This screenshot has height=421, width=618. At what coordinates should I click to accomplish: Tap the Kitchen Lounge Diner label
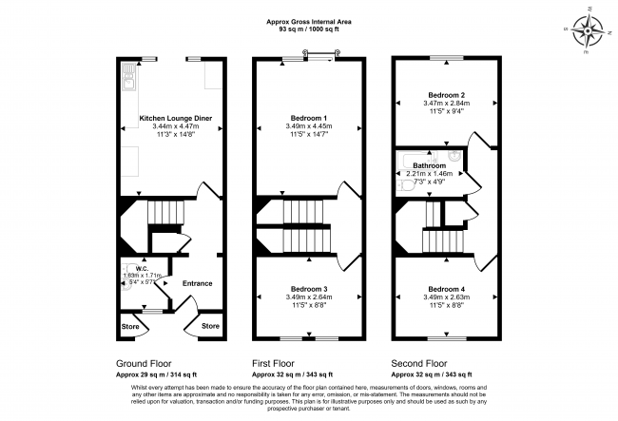pyautogui.click(x=176, y=119)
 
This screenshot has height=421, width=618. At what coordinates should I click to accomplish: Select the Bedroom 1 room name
pyautogui.click(x=309, y=119)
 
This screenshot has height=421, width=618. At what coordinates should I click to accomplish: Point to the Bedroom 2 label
pyautogui.click(x=445, y=96)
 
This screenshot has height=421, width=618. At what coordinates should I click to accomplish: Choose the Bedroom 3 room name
pyautogui.click(x=309, y=289)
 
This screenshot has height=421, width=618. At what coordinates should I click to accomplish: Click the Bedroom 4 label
pyautogui.click(x=445, y=289)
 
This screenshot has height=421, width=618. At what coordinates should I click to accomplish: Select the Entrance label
pyautogui.click(x=197, y=283)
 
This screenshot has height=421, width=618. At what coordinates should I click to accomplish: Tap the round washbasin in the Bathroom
pyautogui.click(x=454, y=157)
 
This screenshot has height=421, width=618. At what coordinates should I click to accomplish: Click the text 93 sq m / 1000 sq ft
pyautogui.click(x=309, y=29)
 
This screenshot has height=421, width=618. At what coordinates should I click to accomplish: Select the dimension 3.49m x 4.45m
pyautogui.click(x=309, y=127)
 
